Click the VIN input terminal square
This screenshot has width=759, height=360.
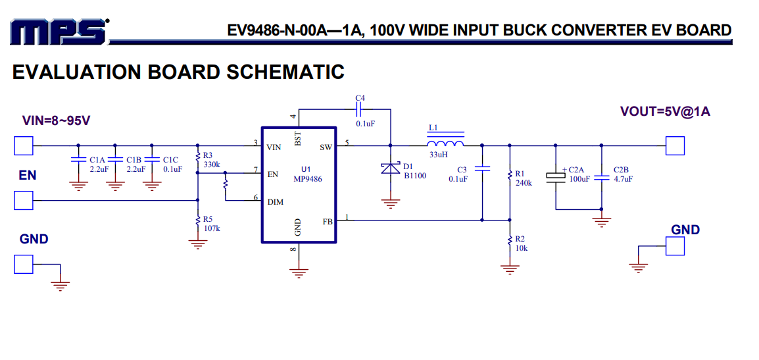24,145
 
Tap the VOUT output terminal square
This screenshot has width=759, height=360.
675,145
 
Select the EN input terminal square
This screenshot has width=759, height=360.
24,200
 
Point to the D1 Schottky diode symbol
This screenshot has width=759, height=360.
391,168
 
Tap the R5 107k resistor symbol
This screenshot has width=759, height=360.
197,221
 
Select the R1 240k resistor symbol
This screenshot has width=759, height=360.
509,175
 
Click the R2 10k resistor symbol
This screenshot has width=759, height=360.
509,240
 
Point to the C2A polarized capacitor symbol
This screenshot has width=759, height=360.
555,176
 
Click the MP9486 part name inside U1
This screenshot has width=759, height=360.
308,179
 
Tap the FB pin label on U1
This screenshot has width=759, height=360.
328,222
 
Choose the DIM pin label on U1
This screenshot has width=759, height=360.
276,202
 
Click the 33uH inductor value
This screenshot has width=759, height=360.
439,156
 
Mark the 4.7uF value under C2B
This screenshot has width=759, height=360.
623,179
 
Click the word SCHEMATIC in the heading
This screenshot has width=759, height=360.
285,72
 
